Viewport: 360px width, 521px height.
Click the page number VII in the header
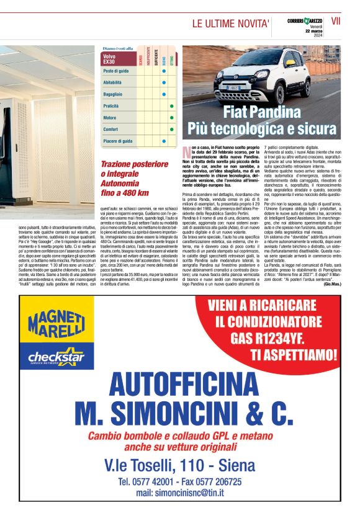tap(337, 20)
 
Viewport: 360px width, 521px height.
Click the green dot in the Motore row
tap(171, 117)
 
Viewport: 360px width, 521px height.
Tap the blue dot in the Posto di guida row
tap(163, 71)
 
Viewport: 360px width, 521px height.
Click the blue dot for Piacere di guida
tap(163, 141)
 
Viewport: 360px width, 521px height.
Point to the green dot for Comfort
tap(171, 129)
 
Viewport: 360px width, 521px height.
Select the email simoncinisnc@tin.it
tap(181, 492)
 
